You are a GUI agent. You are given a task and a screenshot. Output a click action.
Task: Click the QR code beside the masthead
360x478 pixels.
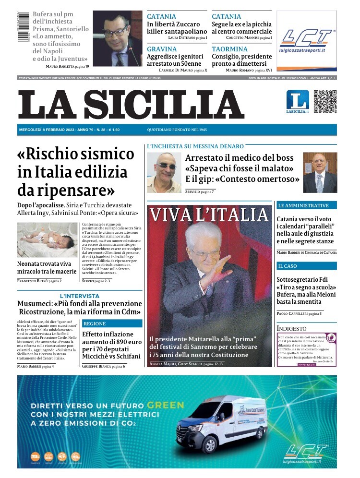pyautogui.click(x=325, y=101)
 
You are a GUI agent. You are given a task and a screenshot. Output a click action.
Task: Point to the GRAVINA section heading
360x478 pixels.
pyautogui.click(x=162, y=49)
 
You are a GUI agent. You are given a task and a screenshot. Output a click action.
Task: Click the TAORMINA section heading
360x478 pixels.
pyautogui.click(x=229, y=49)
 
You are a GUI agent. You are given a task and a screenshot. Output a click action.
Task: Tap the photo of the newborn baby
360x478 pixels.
pyautogui.click(x=47, y=240)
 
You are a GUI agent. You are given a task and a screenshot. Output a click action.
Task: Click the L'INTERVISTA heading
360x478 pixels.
pyautogui.click(x=79, y=296)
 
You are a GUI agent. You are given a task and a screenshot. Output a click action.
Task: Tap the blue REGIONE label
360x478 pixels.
pyautogui.click(x=95, y=323)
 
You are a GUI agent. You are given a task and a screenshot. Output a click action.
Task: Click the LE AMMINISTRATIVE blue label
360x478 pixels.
pyautogui.click(x=303, y=205)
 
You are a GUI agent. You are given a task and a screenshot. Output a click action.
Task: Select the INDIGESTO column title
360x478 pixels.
pyautogui.click(x=291, y=328)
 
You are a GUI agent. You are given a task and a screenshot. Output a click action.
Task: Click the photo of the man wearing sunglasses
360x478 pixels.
pyautogui.click(x=164, y=173)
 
